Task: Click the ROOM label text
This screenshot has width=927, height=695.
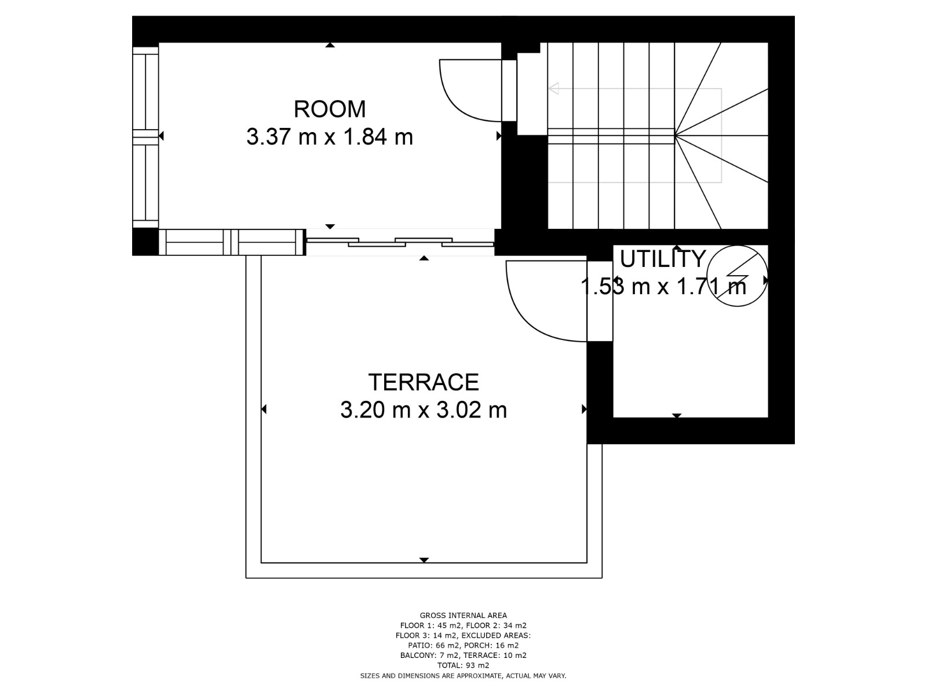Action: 330,109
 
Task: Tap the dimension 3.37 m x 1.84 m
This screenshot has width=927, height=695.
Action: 330,137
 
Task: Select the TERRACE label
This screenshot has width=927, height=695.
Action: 424,382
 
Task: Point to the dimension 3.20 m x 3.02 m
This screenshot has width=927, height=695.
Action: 424,410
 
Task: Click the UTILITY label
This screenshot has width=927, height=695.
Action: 663,259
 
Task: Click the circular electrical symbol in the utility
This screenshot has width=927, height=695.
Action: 737,276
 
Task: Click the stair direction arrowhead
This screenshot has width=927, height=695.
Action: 554,89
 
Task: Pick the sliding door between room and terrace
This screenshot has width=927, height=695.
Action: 400,242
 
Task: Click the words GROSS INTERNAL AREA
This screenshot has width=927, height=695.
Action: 463,616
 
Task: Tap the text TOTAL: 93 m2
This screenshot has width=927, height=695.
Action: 463,665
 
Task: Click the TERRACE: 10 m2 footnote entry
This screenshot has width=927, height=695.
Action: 495,656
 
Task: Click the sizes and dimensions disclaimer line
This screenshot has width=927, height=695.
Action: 463,676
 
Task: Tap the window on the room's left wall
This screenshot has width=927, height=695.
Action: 145,137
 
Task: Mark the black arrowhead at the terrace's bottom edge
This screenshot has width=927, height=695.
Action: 424,560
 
